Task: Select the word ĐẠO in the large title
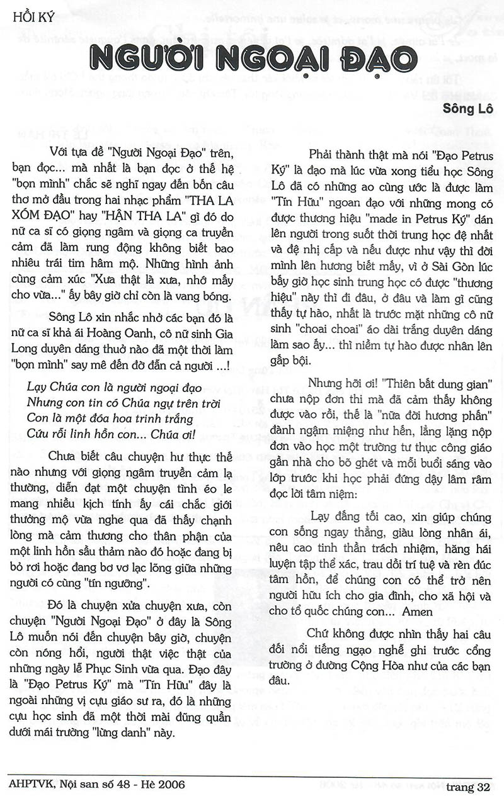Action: click(372, 60)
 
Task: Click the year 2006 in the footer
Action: click(168, 785)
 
